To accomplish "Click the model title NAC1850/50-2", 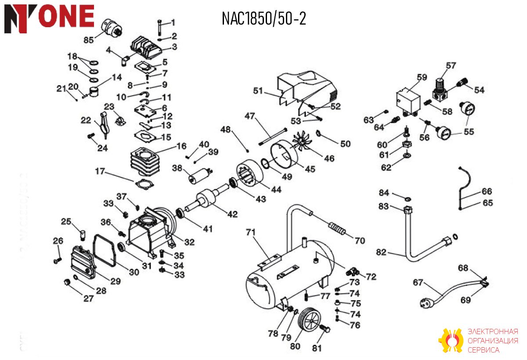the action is pos(264,19).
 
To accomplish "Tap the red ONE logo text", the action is pos(66,16).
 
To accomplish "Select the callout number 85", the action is pos(89,40).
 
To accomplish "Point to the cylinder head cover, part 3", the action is pos(146,48).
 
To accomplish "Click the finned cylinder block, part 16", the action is pos(145,162).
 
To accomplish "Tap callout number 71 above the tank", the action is pos(251,233).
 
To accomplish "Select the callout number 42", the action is pos(232,214).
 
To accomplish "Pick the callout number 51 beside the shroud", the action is pos(258,91).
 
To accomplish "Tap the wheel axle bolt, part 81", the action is pos(325,328).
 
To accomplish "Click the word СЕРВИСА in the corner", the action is pos(484,350).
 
